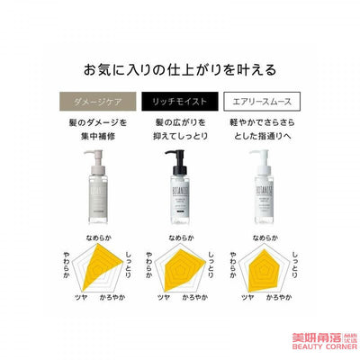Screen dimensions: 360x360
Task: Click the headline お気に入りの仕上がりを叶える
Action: tap(180, 68)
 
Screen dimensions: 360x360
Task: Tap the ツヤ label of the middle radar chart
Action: tap(163, 321)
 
